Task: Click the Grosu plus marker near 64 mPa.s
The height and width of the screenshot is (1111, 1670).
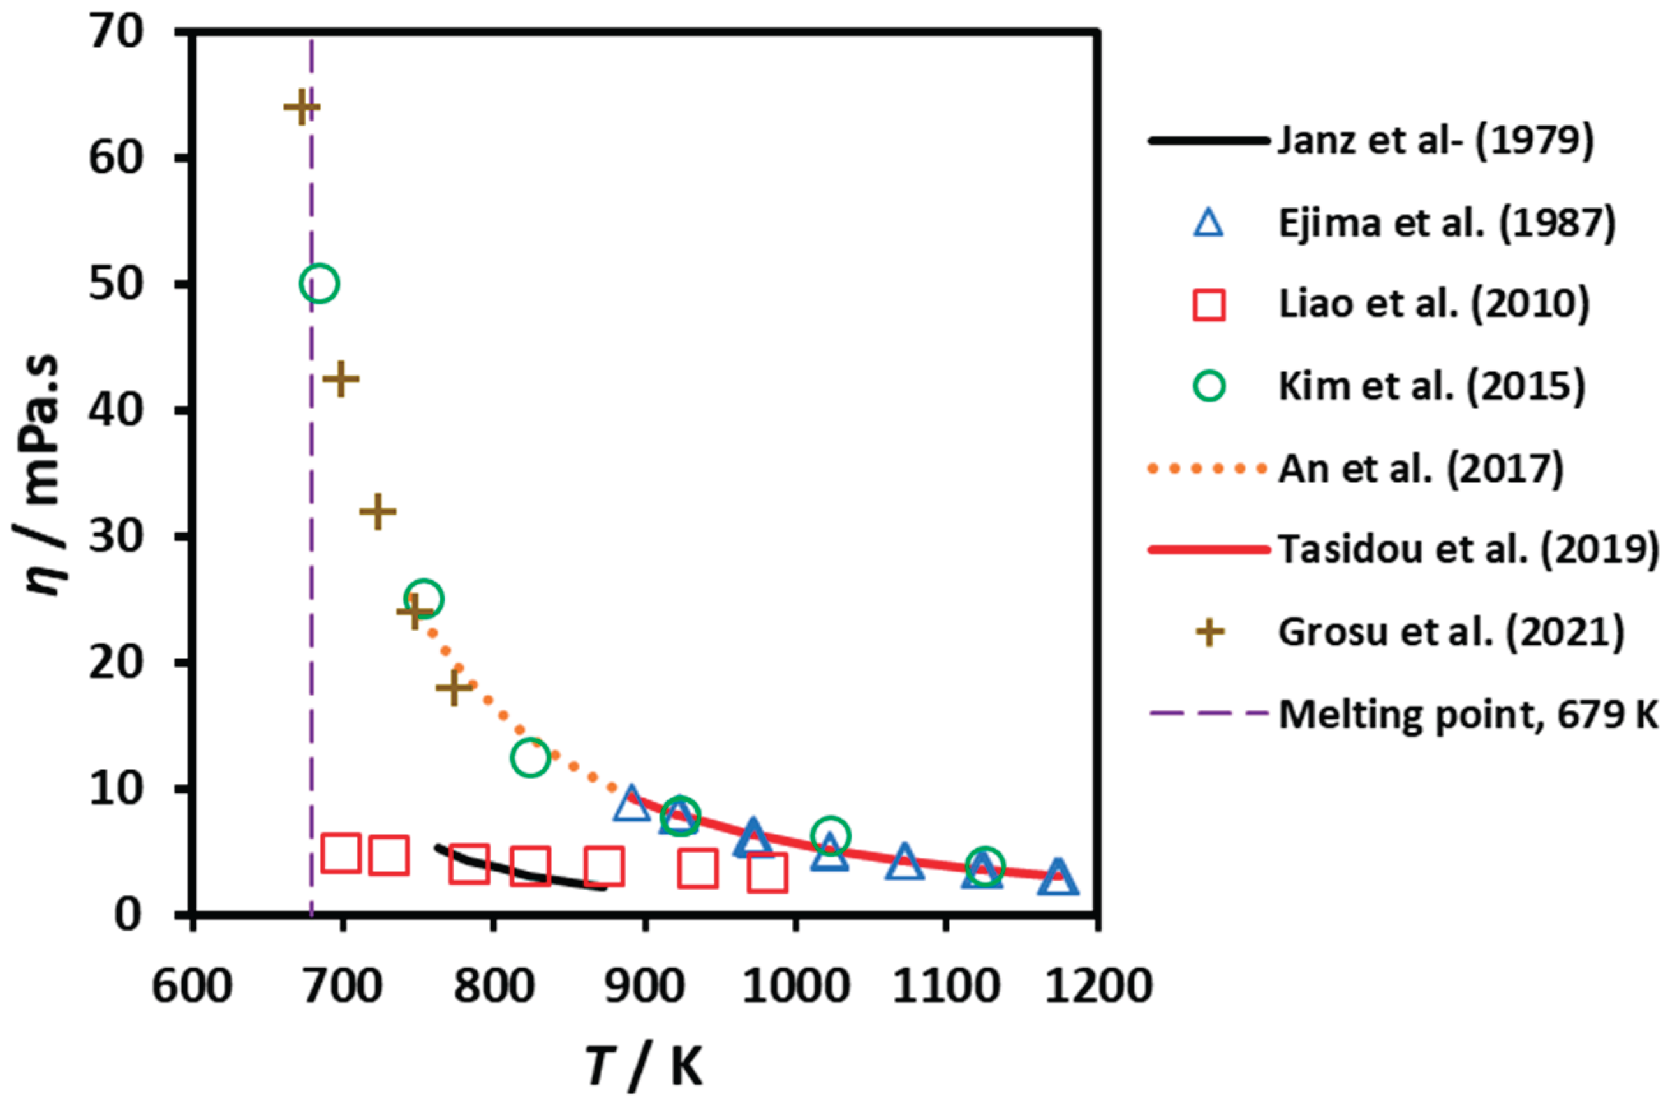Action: point(301,108)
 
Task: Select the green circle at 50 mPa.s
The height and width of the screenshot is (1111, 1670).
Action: point(319,283)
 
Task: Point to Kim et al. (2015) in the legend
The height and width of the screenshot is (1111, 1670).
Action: point(1431,386)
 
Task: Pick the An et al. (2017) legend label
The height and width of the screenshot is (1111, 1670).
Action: point(1421,468)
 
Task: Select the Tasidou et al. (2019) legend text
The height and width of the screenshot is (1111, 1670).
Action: point(1468,550)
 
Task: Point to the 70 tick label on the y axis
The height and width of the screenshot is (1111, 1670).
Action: point(116,33)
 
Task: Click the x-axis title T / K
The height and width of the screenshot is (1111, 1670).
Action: point(644,1068)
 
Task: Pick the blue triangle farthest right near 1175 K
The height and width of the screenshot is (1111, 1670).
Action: point(1058,879)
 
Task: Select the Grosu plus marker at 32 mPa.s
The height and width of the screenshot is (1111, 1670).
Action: point(377,511)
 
